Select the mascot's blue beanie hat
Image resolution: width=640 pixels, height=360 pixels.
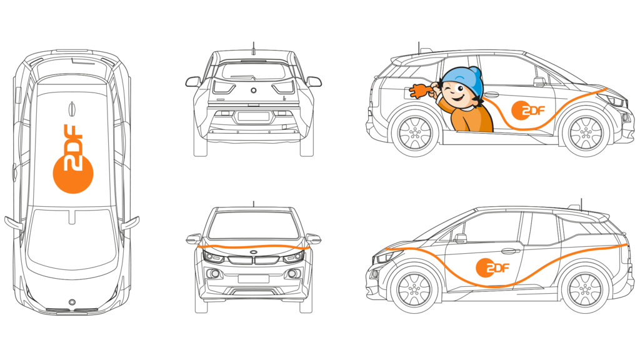(463, 79)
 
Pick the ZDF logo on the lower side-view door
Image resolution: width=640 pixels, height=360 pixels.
(492, 267)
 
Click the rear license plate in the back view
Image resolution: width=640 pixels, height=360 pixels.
(254, 117)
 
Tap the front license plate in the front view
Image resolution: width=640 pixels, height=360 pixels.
(254, 279)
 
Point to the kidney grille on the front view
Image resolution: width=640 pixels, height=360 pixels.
(254, 260)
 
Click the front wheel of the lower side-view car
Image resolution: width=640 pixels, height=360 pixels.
(414, 291)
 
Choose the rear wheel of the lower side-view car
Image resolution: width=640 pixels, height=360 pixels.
(585, 291)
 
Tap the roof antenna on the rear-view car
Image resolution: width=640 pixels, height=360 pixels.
(254, 49)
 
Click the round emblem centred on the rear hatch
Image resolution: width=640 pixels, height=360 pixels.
(254, 90)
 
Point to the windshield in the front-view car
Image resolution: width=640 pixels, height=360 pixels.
(254, 224)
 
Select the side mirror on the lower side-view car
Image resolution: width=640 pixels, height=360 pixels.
(461, 238)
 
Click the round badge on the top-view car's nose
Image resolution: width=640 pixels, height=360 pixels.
(72, 302)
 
